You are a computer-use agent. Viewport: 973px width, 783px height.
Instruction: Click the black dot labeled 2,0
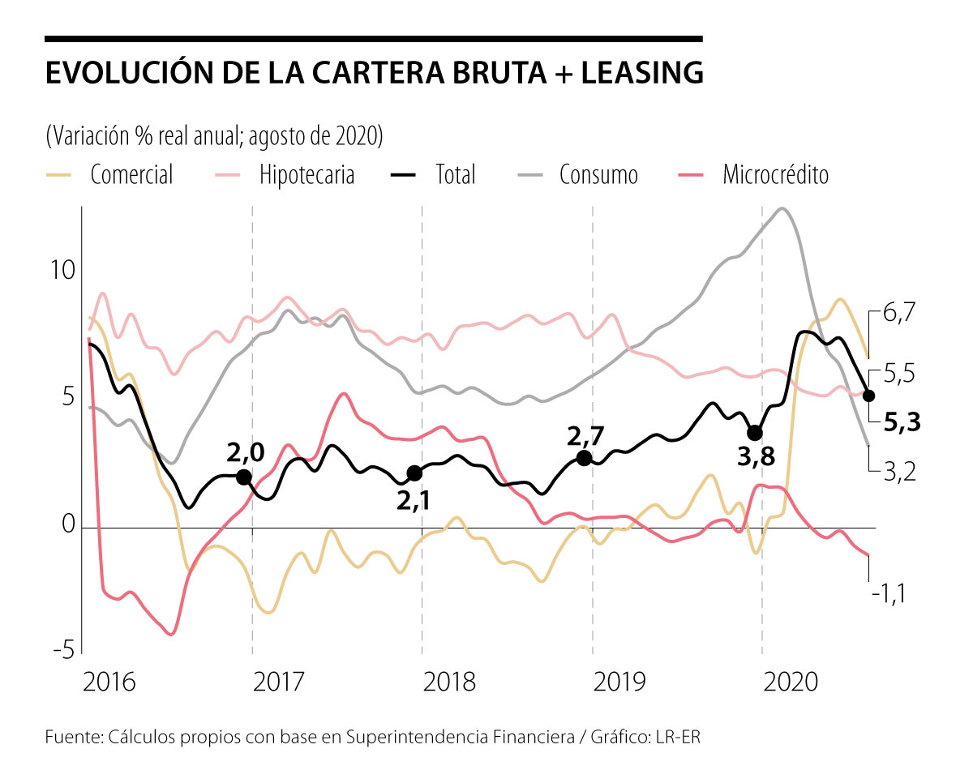click(x=243, y=477)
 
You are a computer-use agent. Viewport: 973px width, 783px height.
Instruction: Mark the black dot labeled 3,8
click(x=755, y=433)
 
